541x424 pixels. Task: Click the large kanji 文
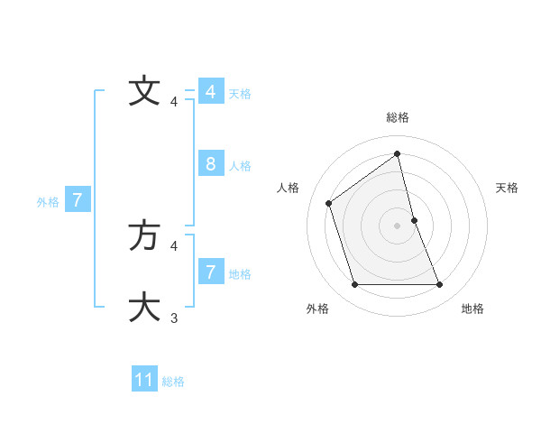tap(144, 90)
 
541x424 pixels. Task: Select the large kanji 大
tap(144, 306)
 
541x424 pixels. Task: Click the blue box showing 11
tap(144, 380)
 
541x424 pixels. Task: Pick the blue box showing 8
tap(210, 163)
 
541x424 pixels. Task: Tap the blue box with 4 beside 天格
tap(210, 91)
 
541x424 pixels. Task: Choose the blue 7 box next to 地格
tap(210, 271)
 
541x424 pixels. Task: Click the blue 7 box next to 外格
tap(78, 199)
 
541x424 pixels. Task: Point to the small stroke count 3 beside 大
tap(174, 318)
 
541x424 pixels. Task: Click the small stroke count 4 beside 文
tap(174, 102)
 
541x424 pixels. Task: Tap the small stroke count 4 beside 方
tap(174, 245)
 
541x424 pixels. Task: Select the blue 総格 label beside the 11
tap(173, 382)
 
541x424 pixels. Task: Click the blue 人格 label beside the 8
tap(240, 166)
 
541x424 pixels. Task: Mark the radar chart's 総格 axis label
tap(398, 117)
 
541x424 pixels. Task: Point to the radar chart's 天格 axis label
tap(508, 188)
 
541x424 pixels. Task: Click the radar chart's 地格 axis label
tap(472, 309)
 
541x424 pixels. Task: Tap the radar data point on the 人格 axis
tap(329, 203)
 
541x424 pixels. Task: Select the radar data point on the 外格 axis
tap(354, 285)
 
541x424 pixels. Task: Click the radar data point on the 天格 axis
tap(414, 220)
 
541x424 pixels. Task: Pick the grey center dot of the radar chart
tap(398, 226)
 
